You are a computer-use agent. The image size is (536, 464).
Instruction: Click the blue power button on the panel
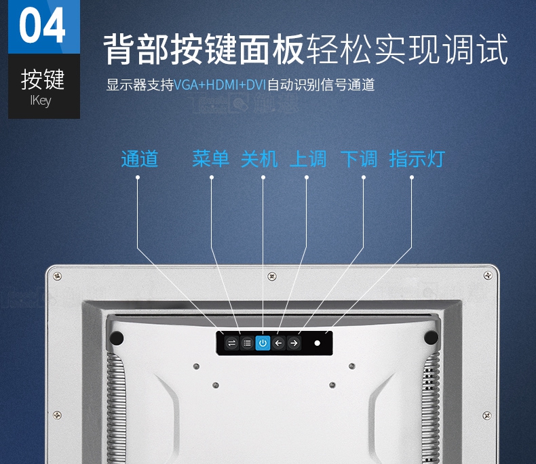click(x=263, y=343)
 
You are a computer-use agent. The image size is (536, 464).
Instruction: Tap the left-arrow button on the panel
click(x=278, y=343)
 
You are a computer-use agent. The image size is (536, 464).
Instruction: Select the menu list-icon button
click(x=247, y=343)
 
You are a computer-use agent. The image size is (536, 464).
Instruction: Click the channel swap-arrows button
click(x=231, y=343)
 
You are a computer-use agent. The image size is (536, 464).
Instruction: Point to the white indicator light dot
click(x=318, y=343)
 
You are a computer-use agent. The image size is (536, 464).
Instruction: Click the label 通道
click(x=140, y=159)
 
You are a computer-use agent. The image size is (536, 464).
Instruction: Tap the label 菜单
click(x=210, y=159)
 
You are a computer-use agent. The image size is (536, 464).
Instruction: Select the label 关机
click(x=259, y=159)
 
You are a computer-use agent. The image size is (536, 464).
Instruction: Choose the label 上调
click(x=308, y=159)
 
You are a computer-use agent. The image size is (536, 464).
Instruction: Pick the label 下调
click(x=359, y=159)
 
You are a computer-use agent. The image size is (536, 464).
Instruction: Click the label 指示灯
click(x=417, y=159)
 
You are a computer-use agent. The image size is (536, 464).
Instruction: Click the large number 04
click(x=42, y=25)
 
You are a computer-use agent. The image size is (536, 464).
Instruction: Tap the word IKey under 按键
click(x=41, y=101)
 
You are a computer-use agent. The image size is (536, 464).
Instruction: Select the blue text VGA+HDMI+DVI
click(x=220, y=84)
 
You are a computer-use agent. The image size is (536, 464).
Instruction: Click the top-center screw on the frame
click(x=272, y=276)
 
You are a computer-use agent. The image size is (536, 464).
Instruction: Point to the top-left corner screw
click(x=58, y=276)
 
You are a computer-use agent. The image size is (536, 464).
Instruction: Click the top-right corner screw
click(x=488, y=275)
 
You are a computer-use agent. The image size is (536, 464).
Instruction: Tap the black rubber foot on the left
click(x=116, y=338)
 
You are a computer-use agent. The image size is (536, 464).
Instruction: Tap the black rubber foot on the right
click(x=431, y=338)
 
